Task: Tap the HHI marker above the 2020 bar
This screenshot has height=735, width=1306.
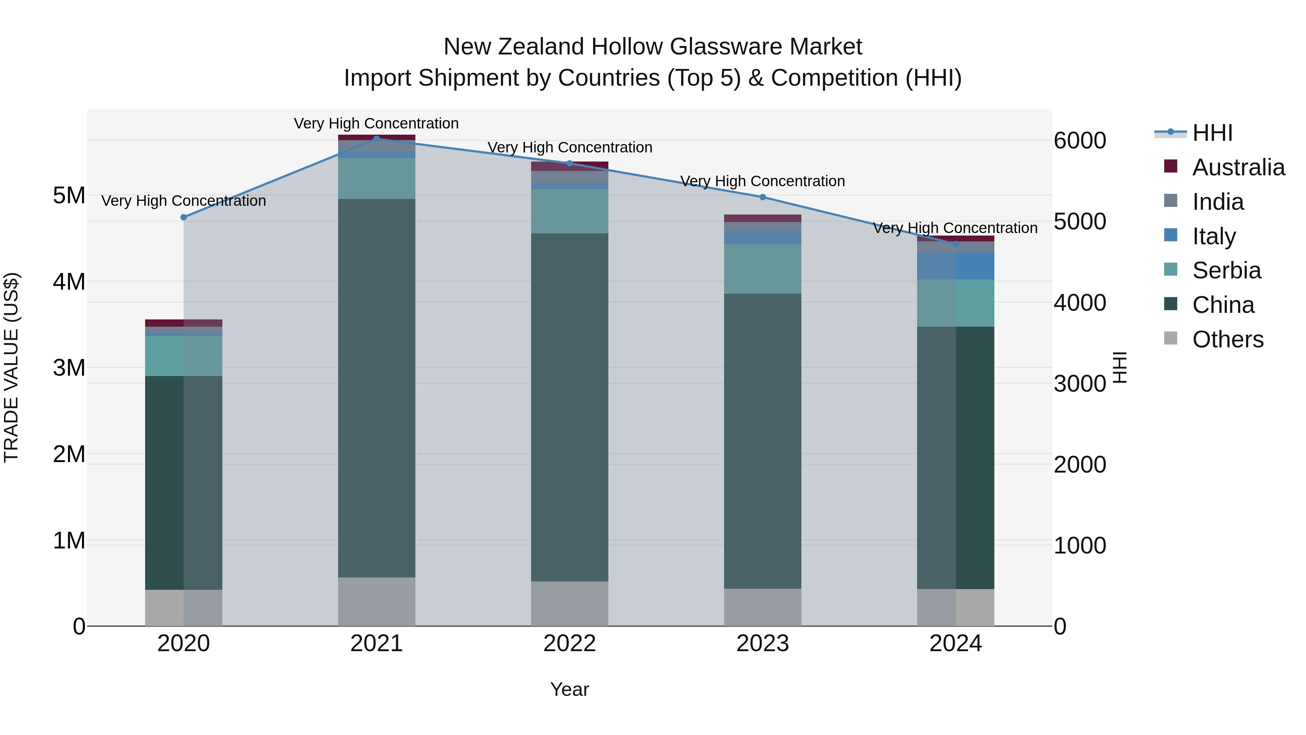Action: pyautogui.click(x=184, y=217)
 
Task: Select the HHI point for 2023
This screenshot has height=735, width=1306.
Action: pyautogui.click(x=763, y=197)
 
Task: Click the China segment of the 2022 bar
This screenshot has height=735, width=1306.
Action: pyautogui.click(x=569, y=406)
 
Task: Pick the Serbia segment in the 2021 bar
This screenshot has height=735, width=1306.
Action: pyautogui.click(x=376, y=178)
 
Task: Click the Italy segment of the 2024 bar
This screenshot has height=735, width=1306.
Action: pyautogui.click(x=955, y=266)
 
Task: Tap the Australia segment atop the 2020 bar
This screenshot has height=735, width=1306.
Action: pyautogui.click(x=184, y=323)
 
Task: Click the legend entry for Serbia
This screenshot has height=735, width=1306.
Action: pyautogui.click(x=1226, y=270)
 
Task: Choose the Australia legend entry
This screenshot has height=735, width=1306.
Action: pyautogui.click(x=1238, y=167)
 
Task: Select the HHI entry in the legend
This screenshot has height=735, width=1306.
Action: pyautogui.click(x=1212, y=133)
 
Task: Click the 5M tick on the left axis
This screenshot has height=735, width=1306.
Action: pyautogui.click(x=69, y=195)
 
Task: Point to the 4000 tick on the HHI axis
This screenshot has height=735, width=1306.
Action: pyautogui.click(x=1079, y=303)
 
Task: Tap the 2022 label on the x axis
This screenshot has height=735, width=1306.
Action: pyautogui.click(x=569, y=644)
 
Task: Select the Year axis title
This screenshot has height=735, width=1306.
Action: pyautogui.click(x=569, y=689)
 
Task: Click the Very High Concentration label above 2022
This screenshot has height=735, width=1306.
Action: pyautogui.click(x=569, y=148)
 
